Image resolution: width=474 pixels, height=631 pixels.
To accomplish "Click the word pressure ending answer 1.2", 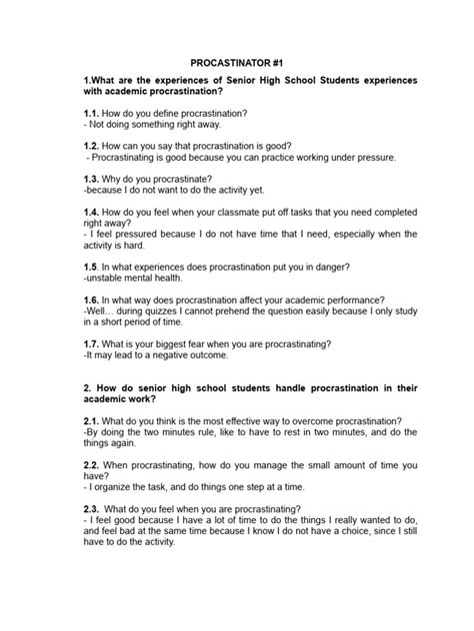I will pyautogui.click(x=376, y=157).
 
